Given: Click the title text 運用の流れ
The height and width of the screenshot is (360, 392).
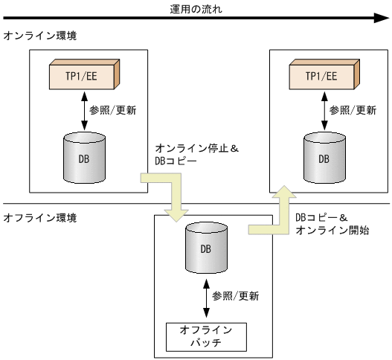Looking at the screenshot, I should [x=196, y=9].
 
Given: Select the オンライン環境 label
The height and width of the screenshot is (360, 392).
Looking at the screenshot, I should [x=39, y=36].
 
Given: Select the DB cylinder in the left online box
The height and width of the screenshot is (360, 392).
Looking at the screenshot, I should [x=83, y=157].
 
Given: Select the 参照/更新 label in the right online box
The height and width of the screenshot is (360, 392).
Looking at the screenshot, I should [x=352, y=110].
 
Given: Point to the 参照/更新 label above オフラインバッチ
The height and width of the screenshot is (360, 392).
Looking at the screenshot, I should [x=235, y=296].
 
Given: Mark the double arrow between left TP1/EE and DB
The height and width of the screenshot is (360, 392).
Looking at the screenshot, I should [x=83, y=109].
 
